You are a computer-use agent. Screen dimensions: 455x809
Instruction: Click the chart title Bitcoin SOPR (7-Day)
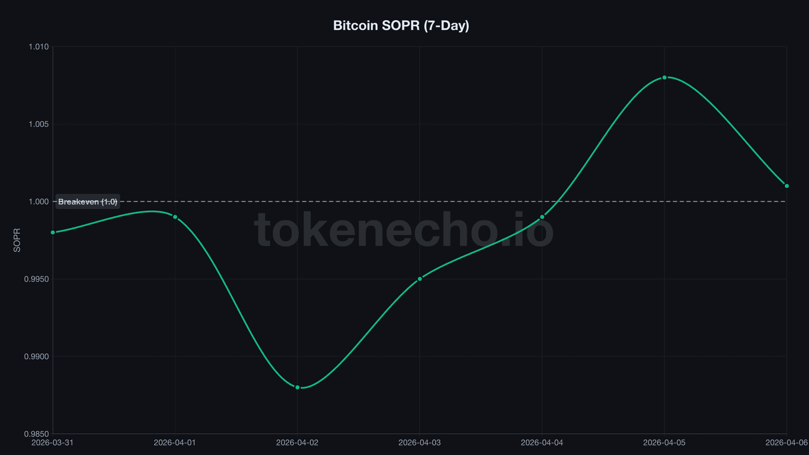401,25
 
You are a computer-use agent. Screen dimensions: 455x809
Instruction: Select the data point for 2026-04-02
297,387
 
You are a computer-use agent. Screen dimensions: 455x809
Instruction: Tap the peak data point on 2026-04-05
664,77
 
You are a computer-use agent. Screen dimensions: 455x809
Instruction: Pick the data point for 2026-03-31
53,233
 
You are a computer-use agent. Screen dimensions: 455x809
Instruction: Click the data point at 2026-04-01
175,217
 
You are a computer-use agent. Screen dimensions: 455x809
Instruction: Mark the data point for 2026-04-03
420,279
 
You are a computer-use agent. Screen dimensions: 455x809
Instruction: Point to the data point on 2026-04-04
542,217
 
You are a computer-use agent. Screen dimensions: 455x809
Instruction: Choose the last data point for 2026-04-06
787,186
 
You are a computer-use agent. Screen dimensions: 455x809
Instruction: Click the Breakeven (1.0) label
87,202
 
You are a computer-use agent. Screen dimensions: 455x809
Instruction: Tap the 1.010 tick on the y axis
38,47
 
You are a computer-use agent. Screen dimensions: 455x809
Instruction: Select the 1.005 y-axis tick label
38,124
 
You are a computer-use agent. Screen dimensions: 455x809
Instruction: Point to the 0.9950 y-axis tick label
36,279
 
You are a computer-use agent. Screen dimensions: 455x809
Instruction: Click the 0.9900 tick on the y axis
36,356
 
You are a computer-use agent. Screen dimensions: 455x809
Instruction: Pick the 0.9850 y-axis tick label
36,434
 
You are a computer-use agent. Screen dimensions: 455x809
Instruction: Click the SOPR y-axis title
17,240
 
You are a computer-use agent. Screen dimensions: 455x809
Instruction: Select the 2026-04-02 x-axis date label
297,443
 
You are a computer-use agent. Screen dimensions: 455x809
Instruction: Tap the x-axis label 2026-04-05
664,443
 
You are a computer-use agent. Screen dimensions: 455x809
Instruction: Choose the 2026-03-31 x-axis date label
53,443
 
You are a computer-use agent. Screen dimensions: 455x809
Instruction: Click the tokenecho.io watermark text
403,231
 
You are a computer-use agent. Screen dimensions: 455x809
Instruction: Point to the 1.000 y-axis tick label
38,202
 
